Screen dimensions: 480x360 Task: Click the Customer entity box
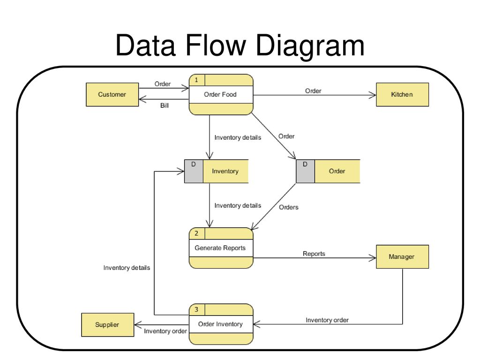point(112,95)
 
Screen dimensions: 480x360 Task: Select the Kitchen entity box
point(402,95)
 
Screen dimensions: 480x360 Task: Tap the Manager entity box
point(402,256)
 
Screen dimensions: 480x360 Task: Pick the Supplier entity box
point(107,325)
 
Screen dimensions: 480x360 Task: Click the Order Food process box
point(221,95)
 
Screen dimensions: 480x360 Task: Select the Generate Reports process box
point(221,248)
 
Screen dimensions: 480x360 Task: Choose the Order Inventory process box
point(221,324)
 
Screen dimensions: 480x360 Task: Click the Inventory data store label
point(225,172)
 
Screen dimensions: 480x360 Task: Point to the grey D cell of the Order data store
point(305,172)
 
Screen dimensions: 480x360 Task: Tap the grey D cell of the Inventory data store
point(194,172)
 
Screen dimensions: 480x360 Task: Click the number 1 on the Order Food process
point(196,80)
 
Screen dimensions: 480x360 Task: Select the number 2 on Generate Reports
point(196,233)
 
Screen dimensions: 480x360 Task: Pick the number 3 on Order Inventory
point(196,310)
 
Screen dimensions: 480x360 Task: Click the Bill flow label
point(165,105)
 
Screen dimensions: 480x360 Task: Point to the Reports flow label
point(314,254)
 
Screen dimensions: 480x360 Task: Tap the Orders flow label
point(289,207)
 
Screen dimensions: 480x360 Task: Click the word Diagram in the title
point(310,46)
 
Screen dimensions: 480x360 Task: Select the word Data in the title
point(145,45)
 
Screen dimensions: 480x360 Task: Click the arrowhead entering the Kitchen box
point(373,95)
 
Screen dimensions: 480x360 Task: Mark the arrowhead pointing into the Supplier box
point(138,325)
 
